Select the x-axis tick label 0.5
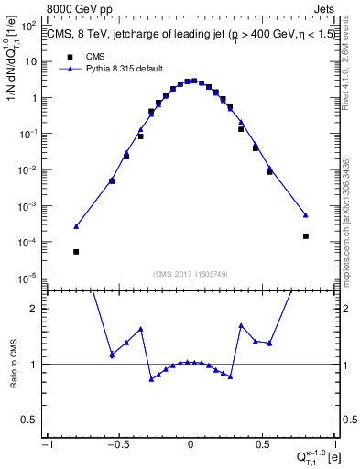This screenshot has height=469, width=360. coord(262,444)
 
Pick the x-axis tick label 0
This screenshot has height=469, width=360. coord(191,444)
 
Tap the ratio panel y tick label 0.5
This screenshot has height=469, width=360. coord(33,420)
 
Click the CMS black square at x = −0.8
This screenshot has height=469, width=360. coord(76,251)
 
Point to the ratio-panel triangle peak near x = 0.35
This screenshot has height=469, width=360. coord(241,325)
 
